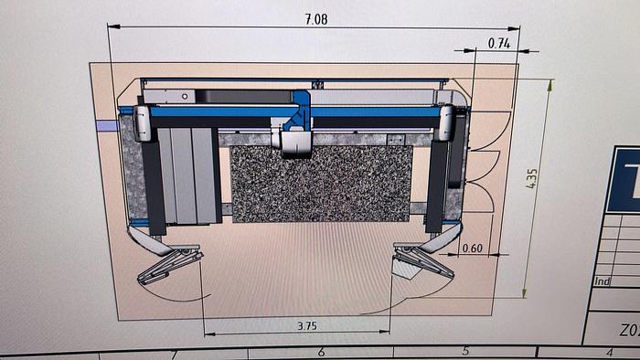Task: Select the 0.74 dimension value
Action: pos(498,43)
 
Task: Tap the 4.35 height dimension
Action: pos(532,189)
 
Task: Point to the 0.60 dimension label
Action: pos(473,248)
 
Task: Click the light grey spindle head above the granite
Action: pos(295,141)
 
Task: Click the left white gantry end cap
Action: pos(144,123)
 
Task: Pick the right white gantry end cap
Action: pos(447,123)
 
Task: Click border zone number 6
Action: pos(320,352)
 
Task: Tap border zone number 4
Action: pos(609,352)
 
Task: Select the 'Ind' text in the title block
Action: pos(602,281)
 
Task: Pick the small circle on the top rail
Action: pos(185,95)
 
